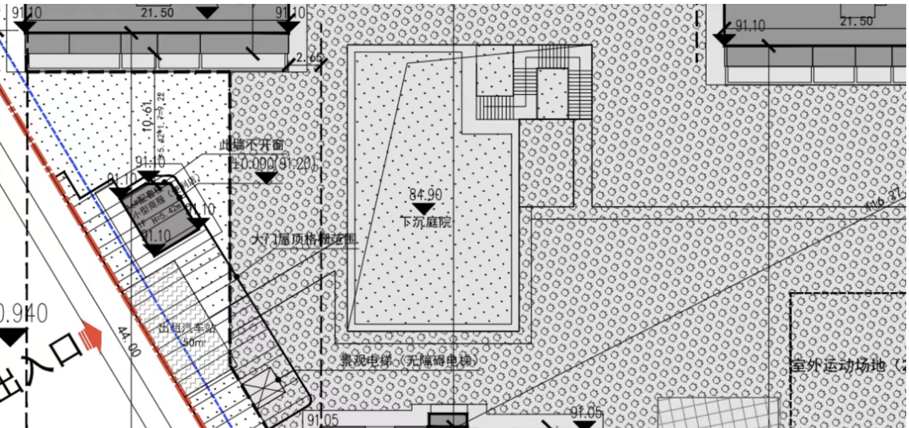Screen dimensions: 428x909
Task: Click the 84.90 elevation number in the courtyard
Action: (425, 195)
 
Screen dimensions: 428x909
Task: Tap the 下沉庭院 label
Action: (425, 222)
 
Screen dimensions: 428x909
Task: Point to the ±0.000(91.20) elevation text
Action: (274, 164)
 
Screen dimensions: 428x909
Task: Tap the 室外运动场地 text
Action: (838, 366)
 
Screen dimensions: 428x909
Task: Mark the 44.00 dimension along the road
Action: (129, 342)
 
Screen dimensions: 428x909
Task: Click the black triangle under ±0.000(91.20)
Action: (266, 178)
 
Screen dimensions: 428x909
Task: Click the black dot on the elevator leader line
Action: (279, 379)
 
